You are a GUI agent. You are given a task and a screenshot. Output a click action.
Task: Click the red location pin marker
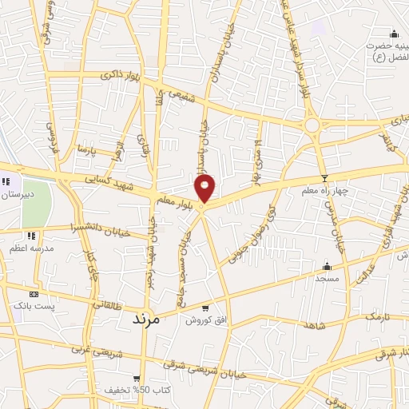(205, 189)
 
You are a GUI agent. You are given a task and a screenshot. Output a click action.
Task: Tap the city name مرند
(145, 318)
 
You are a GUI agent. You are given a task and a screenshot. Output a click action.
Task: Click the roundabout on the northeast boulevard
(312, 125)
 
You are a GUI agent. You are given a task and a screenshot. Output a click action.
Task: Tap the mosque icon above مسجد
(327, 266)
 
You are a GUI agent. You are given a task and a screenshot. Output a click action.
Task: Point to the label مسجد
(327, 278)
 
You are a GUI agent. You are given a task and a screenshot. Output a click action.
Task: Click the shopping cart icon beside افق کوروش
(205, 308)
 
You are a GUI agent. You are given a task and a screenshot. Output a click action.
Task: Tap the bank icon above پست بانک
(33, 293)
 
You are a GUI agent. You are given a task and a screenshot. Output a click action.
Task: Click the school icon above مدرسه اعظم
(31, 236)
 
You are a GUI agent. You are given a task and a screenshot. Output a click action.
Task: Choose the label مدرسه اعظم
(32, 248)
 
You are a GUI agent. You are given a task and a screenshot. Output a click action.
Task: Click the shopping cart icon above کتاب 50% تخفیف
(137, 379)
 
